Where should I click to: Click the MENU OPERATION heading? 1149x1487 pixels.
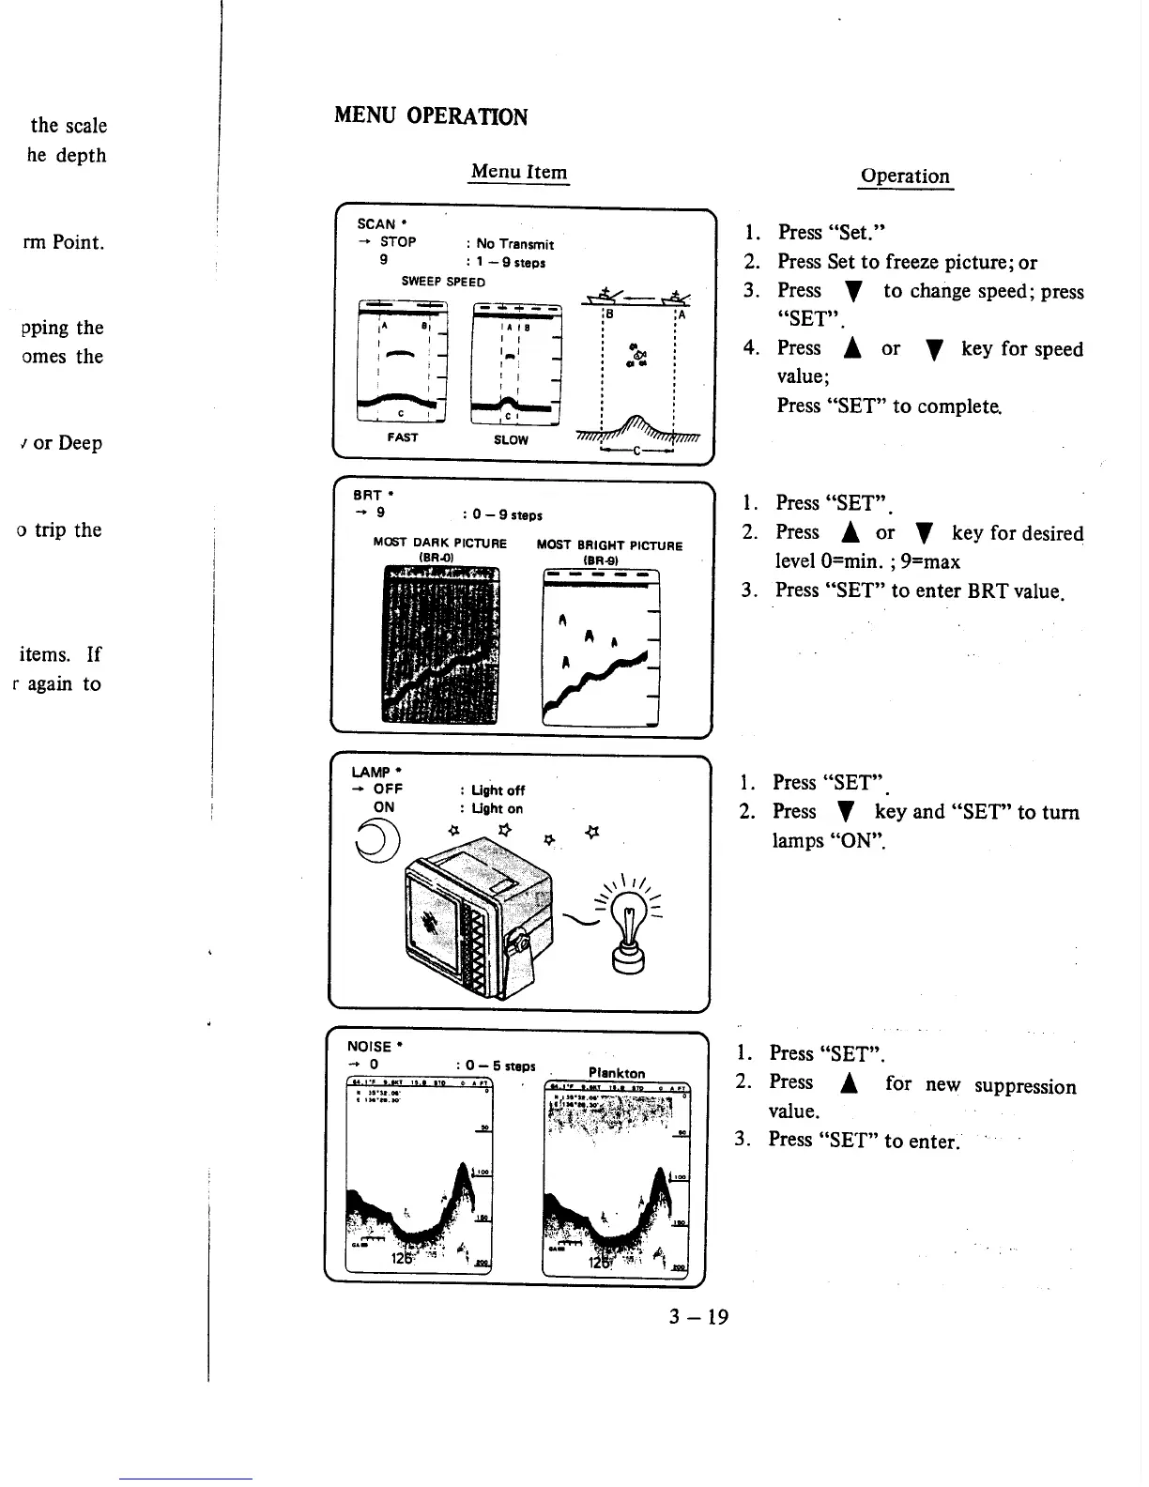[431, 116]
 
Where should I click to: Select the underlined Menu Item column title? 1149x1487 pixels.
[519, 171]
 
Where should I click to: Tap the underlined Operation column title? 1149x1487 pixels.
[905, 176]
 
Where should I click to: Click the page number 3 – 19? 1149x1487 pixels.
[698, 1316]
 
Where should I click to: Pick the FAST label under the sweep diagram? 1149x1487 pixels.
[403, 437]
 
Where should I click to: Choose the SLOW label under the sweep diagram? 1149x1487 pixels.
[511, 439]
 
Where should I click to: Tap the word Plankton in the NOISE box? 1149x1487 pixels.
[617, 1073]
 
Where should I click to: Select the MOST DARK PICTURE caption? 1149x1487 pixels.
[439, 544]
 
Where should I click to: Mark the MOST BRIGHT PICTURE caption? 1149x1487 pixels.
[609, 545]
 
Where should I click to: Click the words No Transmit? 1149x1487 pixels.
[515, 244]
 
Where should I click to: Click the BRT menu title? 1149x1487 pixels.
[367, 495]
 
